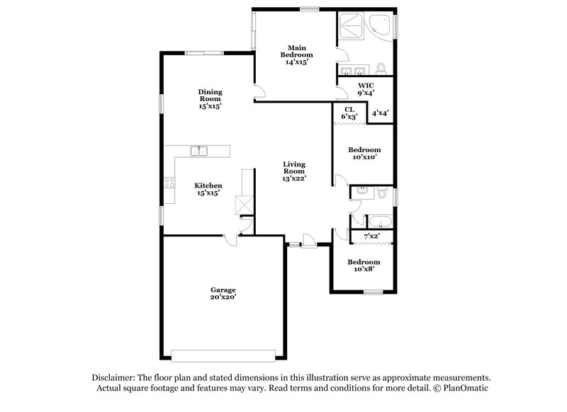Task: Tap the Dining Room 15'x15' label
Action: tap(210, 99)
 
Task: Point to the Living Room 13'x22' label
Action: tap(294, 171)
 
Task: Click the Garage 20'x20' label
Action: tap(223, 294)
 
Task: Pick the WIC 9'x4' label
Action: tap(365, 88)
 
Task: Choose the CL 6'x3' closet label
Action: tap(349, 113)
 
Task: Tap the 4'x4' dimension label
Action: tap(379, 113)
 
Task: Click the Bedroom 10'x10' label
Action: tap(364, 154)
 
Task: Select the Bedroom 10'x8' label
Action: tap(364, 265)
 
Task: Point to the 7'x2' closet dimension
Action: tap(371, 236)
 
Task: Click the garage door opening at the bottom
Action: tap(222, 354)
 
